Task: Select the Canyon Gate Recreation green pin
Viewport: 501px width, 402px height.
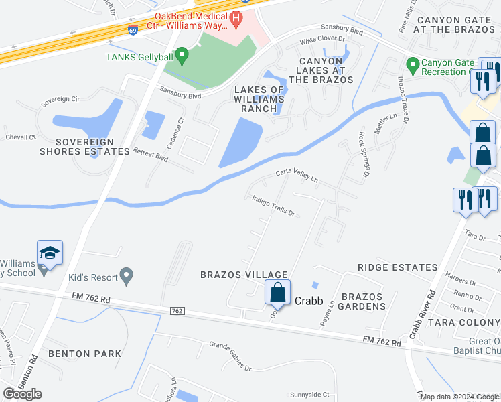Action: click(x=412, y=66)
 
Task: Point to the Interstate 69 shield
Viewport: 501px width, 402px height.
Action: click(x=133, y=30)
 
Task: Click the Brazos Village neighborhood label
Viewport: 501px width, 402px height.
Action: click(x=244, y=275)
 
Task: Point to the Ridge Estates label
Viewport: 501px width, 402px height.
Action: click(x=397, y=267)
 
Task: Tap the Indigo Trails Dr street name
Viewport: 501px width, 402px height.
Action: click(x=274, y=206)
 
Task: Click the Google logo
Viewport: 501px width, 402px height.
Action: click(x=22, y=393)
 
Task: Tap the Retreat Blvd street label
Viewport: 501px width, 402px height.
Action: click(x=150, y=155)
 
